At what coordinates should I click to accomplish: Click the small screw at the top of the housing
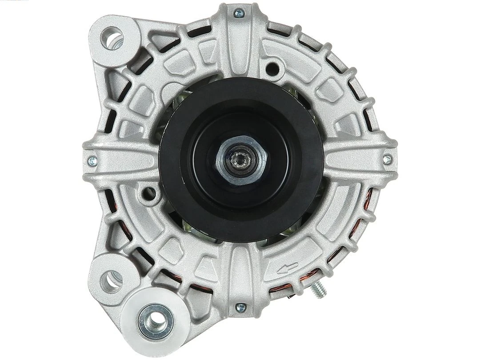(240, 14)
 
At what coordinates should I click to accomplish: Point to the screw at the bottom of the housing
(240, 306)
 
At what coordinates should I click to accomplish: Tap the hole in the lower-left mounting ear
(109, 279)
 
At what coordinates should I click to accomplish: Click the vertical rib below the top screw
(240, 49)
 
